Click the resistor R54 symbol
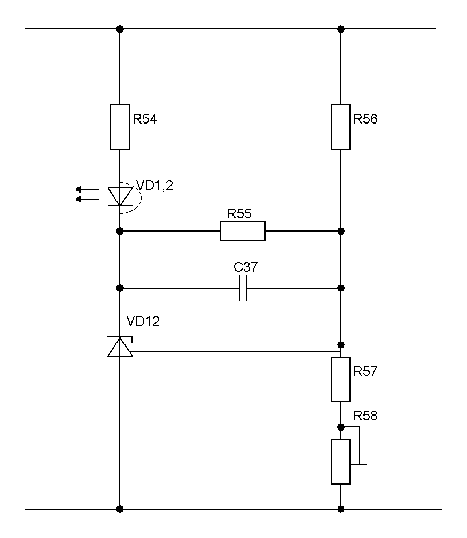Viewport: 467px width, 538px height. (120, 127)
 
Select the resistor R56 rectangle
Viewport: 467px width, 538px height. (341, 127)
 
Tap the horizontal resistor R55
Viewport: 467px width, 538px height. (243, 231)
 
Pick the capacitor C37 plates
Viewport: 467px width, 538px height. (243, 288)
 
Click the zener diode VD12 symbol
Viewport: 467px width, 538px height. (120, 347)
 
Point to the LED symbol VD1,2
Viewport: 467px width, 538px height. (120, 196)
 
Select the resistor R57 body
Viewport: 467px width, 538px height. (341, 380)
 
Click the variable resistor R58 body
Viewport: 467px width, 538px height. (341, 462)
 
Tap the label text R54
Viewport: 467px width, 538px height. (145, 119)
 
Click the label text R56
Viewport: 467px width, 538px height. (365, 119)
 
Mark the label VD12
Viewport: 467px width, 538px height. (143, 321)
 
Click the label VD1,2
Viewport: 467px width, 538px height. (155, 186)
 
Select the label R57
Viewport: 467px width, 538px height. (365, 371)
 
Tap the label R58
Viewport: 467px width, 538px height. (365, 416)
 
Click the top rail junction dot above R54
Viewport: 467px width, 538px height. (120, 28)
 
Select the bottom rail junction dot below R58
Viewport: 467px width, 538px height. (341, 509)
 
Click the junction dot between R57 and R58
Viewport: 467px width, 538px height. (341, 427)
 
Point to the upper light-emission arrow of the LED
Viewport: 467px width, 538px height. (88, 189)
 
